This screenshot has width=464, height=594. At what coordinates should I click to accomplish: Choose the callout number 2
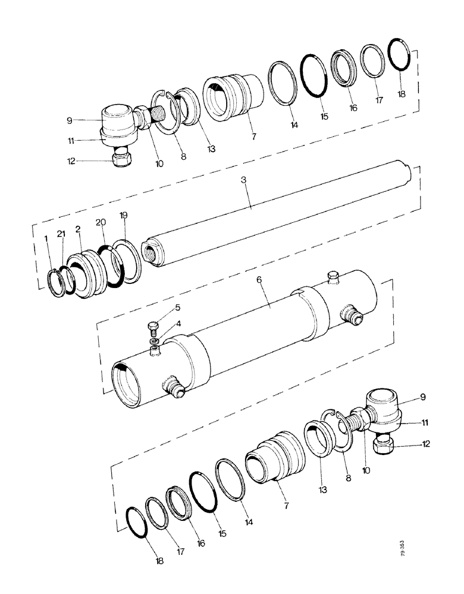pos(78,229)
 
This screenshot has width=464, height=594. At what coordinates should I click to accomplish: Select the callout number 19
pos(124,216)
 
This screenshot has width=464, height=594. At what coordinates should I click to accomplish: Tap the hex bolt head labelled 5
pos(152,327)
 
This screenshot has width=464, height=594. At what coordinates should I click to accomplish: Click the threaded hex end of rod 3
pos(152,250)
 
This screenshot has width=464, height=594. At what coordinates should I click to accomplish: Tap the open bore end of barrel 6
pos(126,380)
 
